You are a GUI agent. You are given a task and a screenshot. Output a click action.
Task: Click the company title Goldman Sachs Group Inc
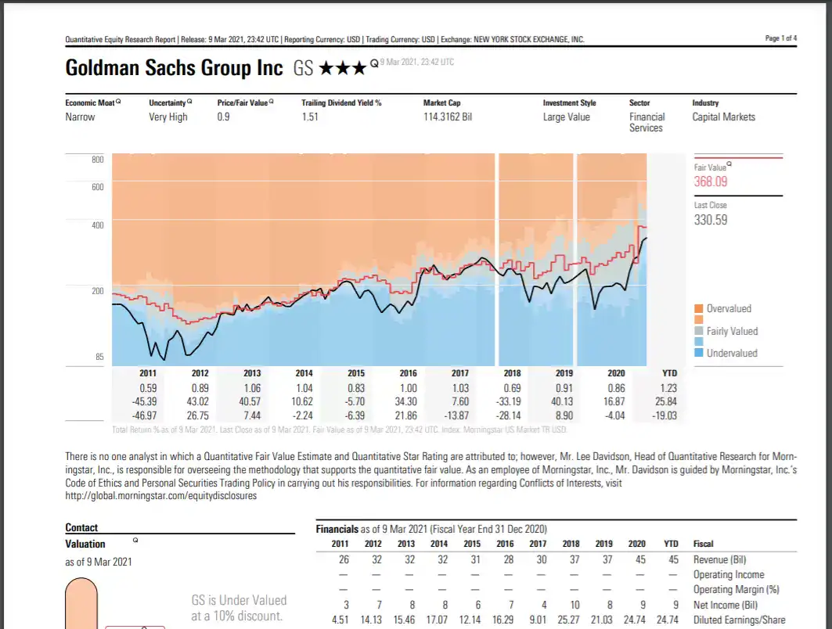click(174, 68)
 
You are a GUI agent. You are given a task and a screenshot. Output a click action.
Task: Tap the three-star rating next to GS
click(342, 69)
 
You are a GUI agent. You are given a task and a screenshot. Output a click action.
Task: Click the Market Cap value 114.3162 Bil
click(448, 117)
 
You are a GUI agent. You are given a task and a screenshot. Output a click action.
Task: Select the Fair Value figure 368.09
click(711, 182)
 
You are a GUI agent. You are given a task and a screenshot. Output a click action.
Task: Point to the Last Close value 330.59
click(711, 220)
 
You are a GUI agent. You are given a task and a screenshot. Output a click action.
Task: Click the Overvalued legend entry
click(728, 309)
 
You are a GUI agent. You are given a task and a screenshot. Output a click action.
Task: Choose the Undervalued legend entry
click(731, 353)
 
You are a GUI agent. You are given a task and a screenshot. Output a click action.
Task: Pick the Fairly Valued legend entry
click(732, 331)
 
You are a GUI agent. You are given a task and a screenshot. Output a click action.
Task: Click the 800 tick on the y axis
click(97, 160)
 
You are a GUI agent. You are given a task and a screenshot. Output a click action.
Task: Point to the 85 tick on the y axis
click(99, 358)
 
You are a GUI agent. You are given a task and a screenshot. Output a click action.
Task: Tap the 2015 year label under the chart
click(356, 374)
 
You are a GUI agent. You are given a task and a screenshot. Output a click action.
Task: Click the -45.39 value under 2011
click(147, 401)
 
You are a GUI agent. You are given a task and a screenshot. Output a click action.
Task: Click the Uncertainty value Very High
click(168, 117)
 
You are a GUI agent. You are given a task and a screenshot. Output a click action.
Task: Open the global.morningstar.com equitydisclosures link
click(160, 495)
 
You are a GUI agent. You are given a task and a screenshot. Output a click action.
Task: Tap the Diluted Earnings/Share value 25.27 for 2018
click(571, 620)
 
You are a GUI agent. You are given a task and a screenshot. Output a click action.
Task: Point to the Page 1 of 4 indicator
click(780, 38)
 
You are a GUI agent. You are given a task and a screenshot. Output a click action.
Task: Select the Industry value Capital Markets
click(723, 117)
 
